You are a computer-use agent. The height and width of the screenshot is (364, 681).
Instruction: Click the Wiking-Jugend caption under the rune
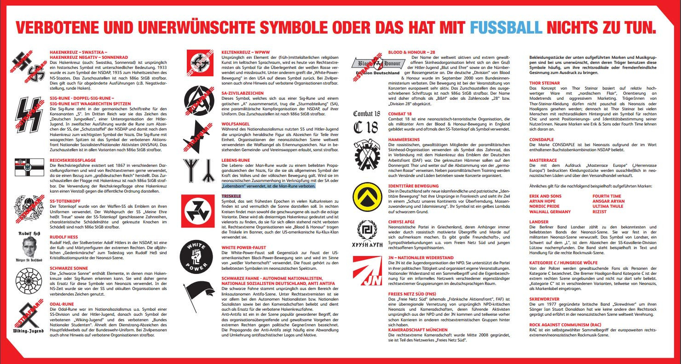click(29, 330)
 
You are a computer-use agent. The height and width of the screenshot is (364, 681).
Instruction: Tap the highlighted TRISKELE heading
click(231, 196)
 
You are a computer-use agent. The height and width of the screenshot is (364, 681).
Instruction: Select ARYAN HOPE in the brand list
click(542, 201)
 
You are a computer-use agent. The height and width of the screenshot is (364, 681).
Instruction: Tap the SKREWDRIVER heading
click(546, 299)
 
